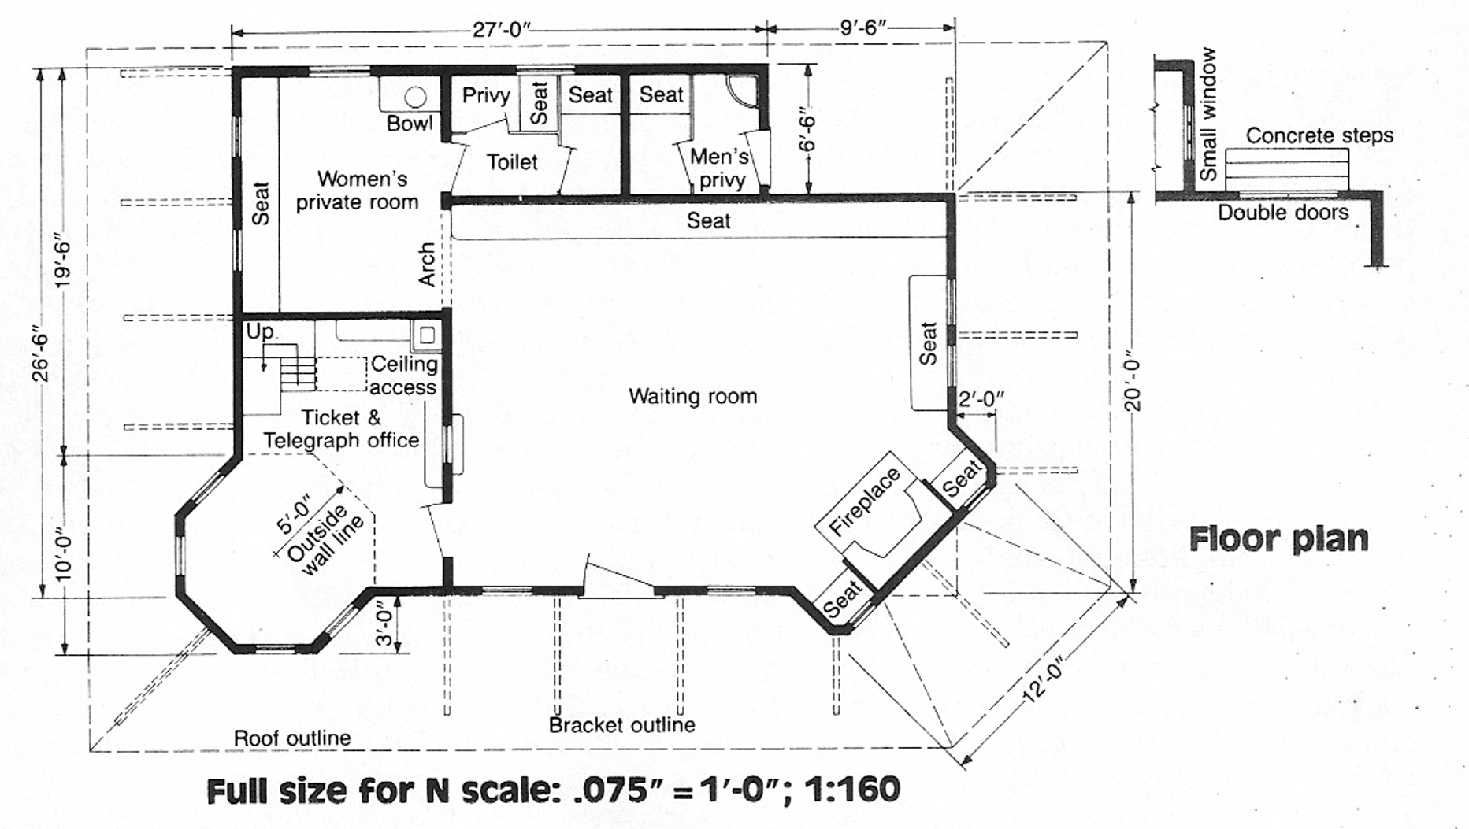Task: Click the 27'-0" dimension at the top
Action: point(502,30)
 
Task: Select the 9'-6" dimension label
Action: point(862,28)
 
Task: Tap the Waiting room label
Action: point(692,396)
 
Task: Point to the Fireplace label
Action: point(864,501)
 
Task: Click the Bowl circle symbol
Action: point(415,97)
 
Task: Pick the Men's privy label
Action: point(720,168)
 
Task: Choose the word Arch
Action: point(426,264)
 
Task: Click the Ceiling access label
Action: point(403,376)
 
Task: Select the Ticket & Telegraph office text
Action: point(340,429)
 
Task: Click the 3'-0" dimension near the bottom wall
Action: point(384,623)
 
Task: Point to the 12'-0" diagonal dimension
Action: point(1044,680)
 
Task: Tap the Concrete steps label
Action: point(1319,135)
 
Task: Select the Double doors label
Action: point(1282,213)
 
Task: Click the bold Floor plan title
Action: point(1278,539)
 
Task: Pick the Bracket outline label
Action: point(621,725)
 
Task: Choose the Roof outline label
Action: point(291,738)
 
